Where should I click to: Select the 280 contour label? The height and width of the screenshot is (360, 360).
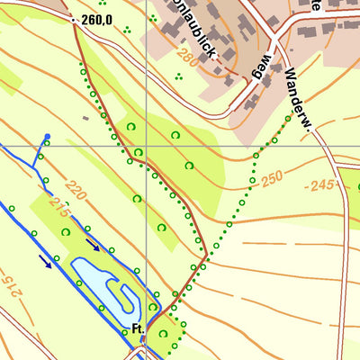point(185,58)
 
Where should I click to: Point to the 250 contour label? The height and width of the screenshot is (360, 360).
point(273,179)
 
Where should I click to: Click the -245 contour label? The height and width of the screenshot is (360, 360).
point(319,185)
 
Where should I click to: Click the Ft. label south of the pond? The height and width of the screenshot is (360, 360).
point(138,329)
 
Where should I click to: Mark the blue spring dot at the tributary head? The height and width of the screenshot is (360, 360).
point(48,138)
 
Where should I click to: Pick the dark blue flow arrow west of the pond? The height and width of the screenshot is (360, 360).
point(45,261)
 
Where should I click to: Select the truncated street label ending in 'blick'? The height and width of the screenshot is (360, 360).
point(195,36)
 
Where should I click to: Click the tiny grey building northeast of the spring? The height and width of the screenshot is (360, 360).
point(85,117)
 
